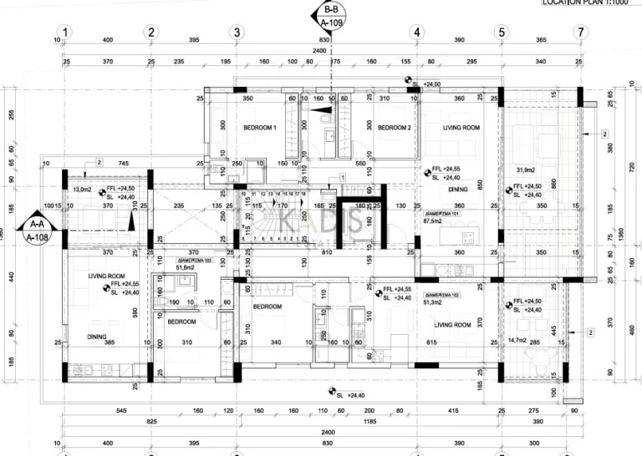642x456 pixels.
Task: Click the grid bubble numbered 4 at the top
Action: [416, 33]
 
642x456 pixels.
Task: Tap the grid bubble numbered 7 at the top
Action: [579, 33]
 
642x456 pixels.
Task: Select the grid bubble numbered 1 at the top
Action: [65, 33]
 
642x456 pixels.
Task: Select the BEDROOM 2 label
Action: [394, 128]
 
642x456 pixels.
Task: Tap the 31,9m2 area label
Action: [528, 172]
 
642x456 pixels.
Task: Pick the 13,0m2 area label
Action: [83, 190]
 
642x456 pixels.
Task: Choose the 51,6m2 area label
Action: [184, 268]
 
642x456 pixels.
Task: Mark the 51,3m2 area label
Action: [434, 302]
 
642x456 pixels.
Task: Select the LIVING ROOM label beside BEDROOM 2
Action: [461, 128]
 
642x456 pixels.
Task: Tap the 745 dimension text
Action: [123, 163]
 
